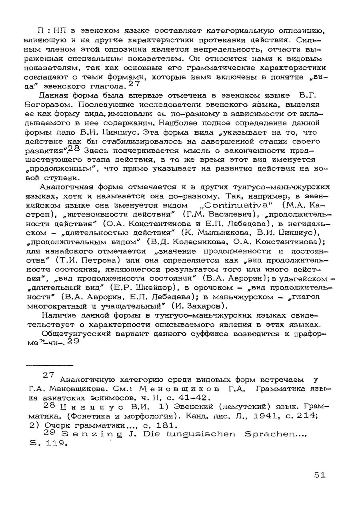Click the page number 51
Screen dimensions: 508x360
coord(319,475)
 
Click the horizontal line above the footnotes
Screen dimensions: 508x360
coord(50,365)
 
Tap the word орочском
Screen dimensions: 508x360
coord(209,288)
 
